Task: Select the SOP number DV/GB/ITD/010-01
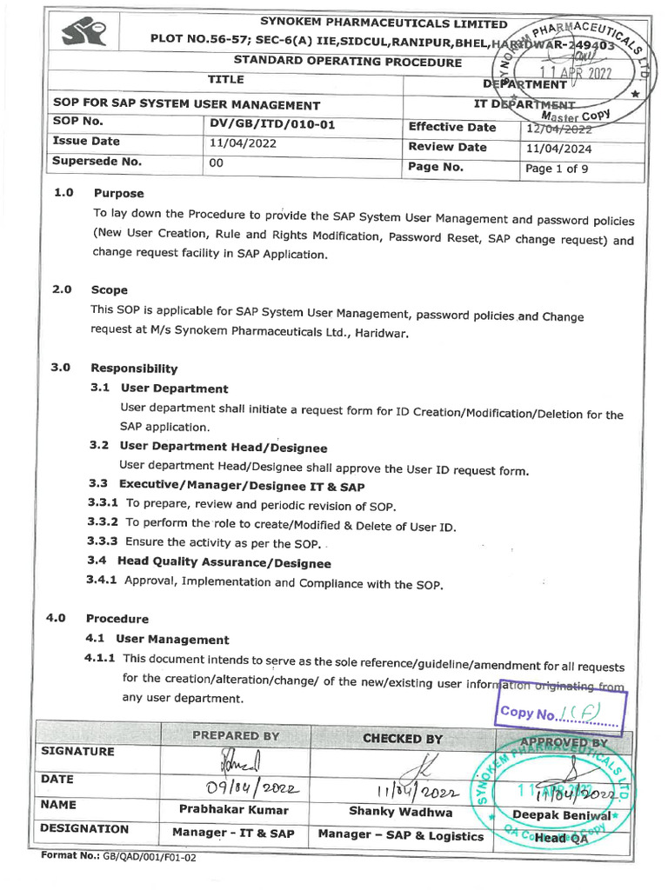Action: [x=272, y=124]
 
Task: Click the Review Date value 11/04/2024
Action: [x=558, y=148]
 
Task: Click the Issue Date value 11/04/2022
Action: [x=244, y=143]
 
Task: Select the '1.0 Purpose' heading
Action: [x=99, y=193]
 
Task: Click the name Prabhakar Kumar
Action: [x=233, y=809]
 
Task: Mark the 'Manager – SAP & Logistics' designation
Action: [x=401, y=835]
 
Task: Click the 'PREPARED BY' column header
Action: [x=236, y=735]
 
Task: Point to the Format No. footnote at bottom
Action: [x=118, y=857]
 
